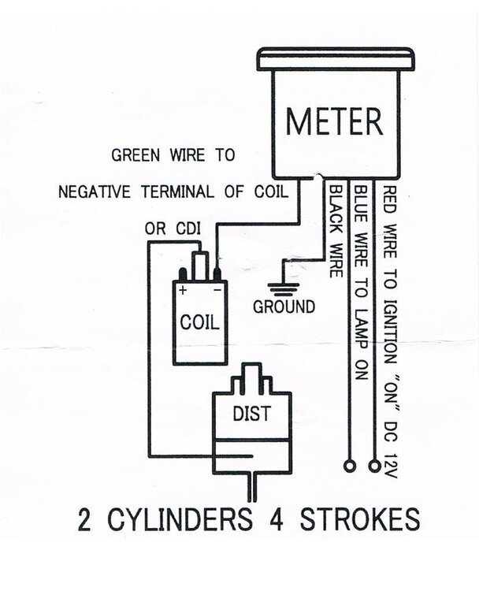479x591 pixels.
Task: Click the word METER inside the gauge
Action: (335, 122)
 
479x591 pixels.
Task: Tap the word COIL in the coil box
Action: (199, 322)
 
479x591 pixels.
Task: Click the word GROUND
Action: (284, 307)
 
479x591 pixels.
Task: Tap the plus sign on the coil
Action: (183, 290)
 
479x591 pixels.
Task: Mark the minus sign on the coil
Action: (215, 290)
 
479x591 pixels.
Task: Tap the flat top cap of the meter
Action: (336, 59)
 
